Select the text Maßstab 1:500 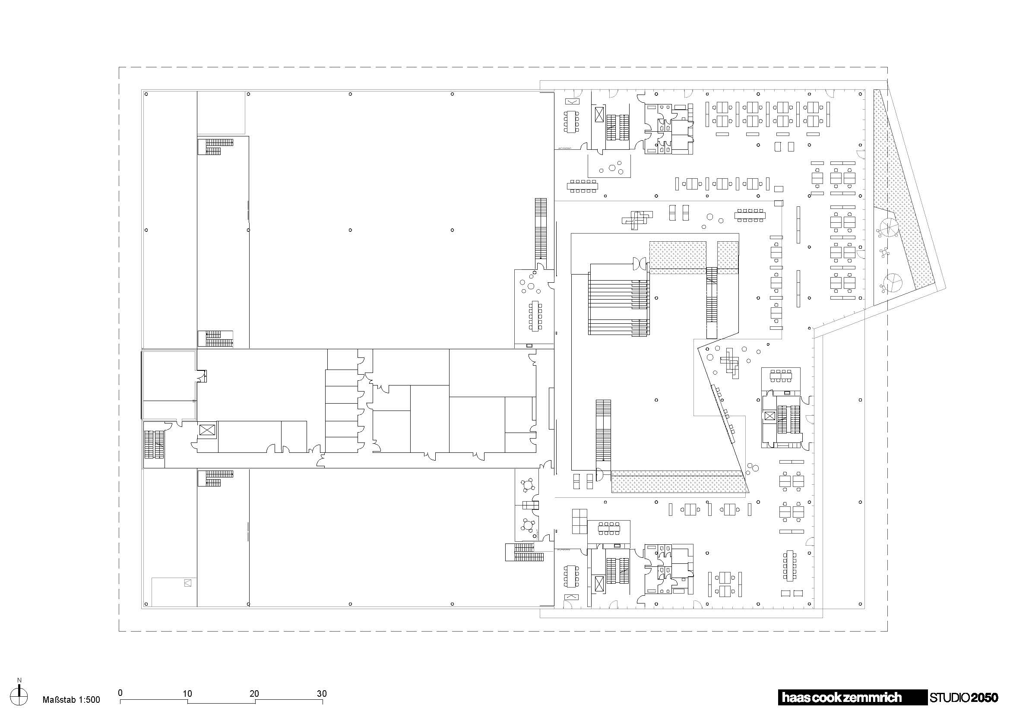click(71, 700)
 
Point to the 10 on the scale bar click(187, 694)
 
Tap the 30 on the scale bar click(322, 694)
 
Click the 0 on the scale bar click(120, 693)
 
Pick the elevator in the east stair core click(769, 416)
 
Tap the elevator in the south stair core click(598, 584)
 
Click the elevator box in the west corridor click(206, 430)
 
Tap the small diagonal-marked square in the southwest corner click(188, 583)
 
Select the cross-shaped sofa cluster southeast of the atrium click(731, 363)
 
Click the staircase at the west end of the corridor click(154, 444)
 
